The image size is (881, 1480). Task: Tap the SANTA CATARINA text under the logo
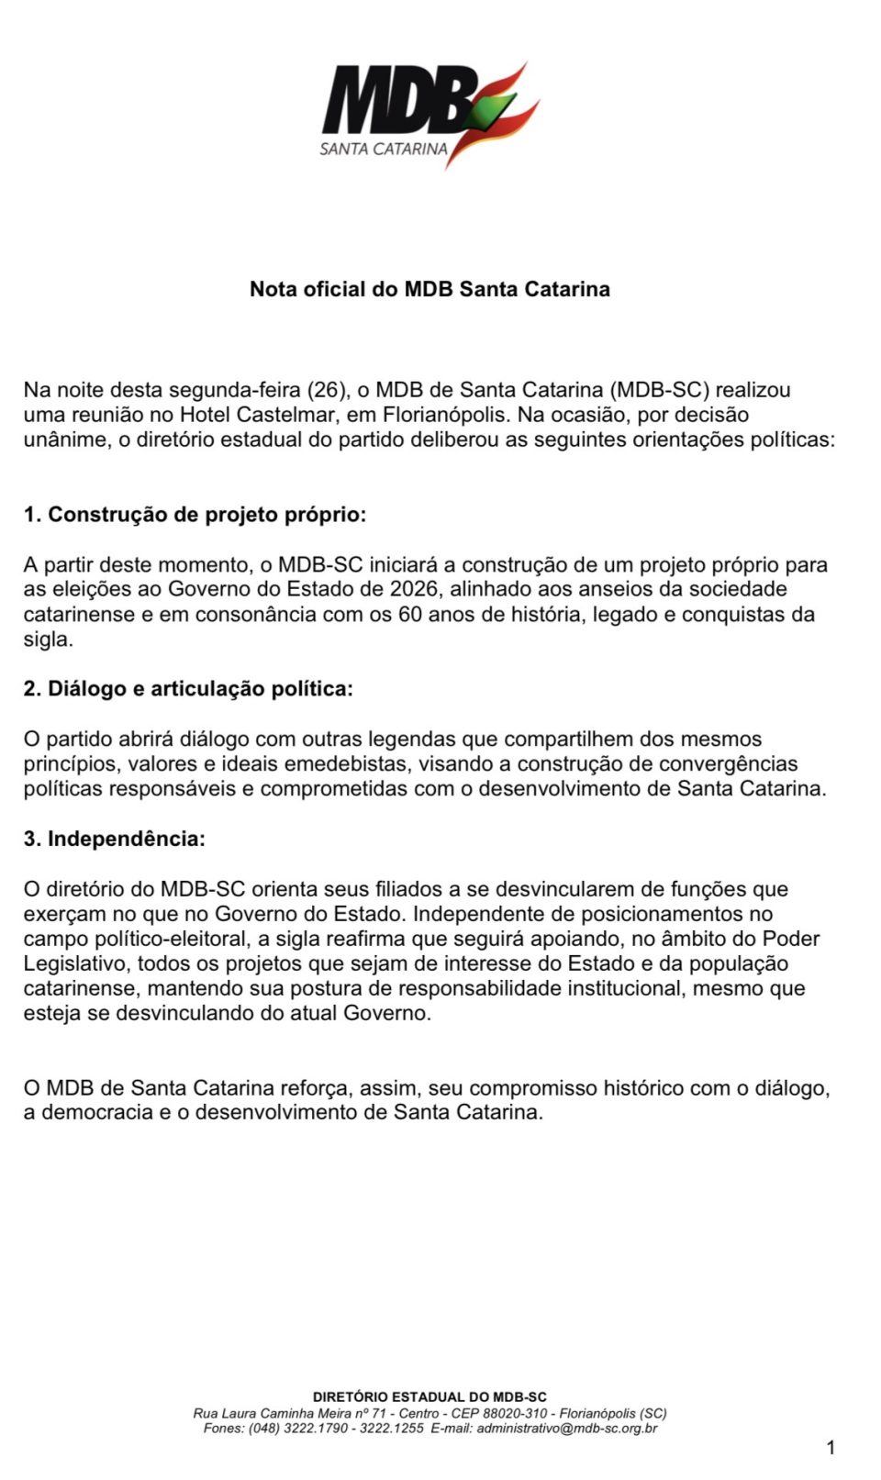(384, 149)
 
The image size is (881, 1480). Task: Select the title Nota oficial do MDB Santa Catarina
(429, 289)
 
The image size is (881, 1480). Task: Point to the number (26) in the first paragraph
(327, 390)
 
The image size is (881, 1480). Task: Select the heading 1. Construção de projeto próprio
(195, 515)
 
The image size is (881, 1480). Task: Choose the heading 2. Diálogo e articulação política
(188, 689)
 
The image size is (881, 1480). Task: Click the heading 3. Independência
(115, 839)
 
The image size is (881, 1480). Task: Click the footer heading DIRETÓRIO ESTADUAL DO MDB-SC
(429, 1397)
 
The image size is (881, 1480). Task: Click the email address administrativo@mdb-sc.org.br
(567, 1428)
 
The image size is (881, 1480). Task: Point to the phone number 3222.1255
(392, 1428)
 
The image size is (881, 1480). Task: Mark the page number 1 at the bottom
(831, 1448)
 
